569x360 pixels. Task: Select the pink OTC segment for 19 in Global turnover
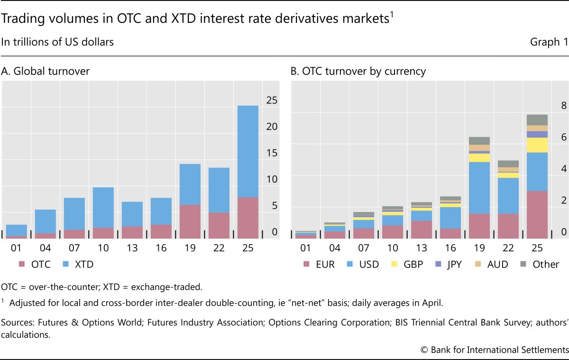(190, 221)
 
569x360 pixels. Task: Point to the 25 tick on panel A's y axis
(272, 100)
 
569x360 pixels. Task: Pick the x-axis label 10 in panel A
(103, 248)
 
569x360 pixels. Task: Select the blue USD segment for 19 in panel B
(479, 188)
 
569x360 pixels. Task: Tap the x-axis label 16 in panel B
(450, 248)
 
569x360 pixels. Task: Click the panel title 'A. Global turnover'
(46, 72)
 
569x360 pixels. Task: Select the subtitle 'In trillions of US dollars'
(57, 42)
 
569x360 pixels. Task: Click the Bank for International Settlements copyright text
(494, 349)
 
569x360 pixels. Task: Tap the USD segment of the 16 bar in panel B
(450, 218)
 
